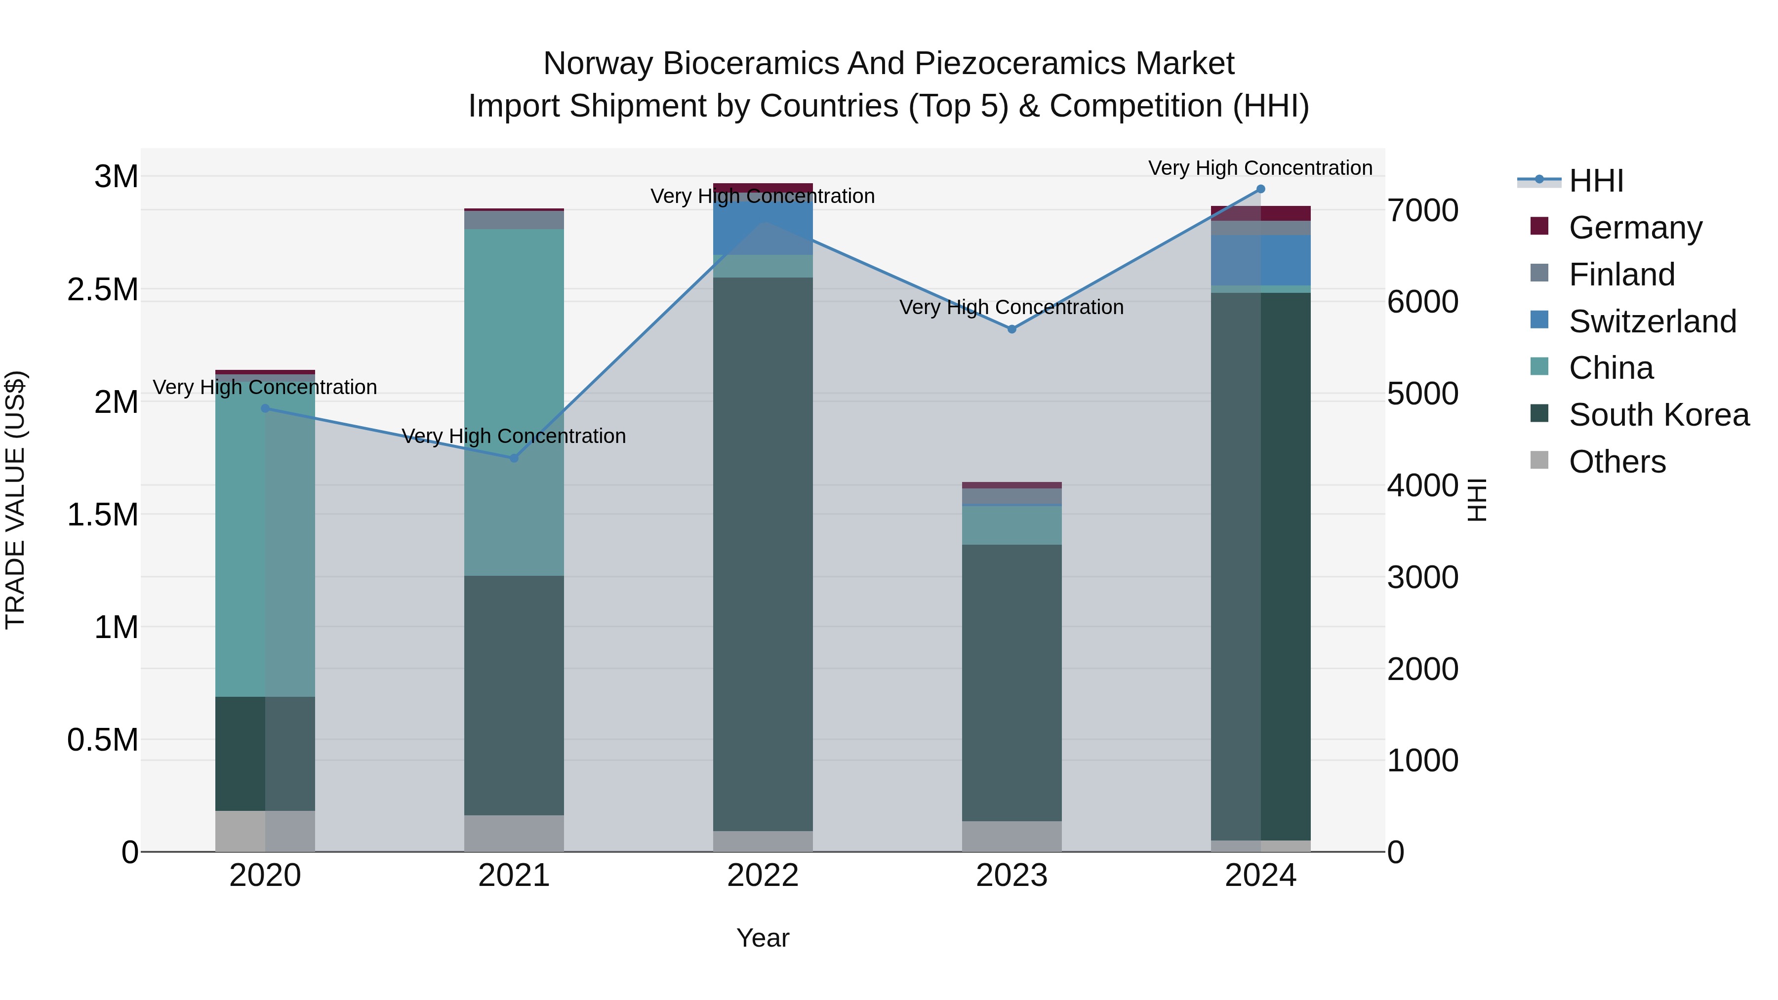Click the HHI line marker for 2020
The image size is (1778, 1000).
[x=265, y=408]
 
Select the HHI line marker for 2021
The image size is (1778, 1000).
[x=514, y=458]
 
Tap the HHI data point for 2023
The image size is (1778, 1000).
[x=1012, y=329]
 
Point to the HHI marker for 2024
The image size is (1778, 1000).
[x=1260, y=189]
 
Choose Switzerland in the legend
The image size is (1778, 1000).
[x=1652, y=321]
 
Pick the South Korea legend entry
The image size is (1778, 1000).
[x=1658, y=415]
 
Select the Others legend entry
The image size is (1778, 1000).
[x=1616, y=462]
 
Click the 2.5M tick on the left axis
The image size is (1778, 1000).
[x=103, y=290]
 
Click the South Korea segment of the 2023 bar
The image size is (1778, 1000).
[x=1012, y=683]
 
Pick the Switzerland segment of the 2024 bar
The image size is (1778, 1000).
[x=1260, y=260]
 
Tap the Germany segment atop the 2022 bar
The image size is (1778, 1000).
[x=763, y=188]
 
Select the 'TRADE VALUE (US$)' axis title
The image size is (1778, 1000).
[x=16, y=500]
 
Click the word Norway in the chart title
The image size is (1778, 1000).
[x=597, y=64]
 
